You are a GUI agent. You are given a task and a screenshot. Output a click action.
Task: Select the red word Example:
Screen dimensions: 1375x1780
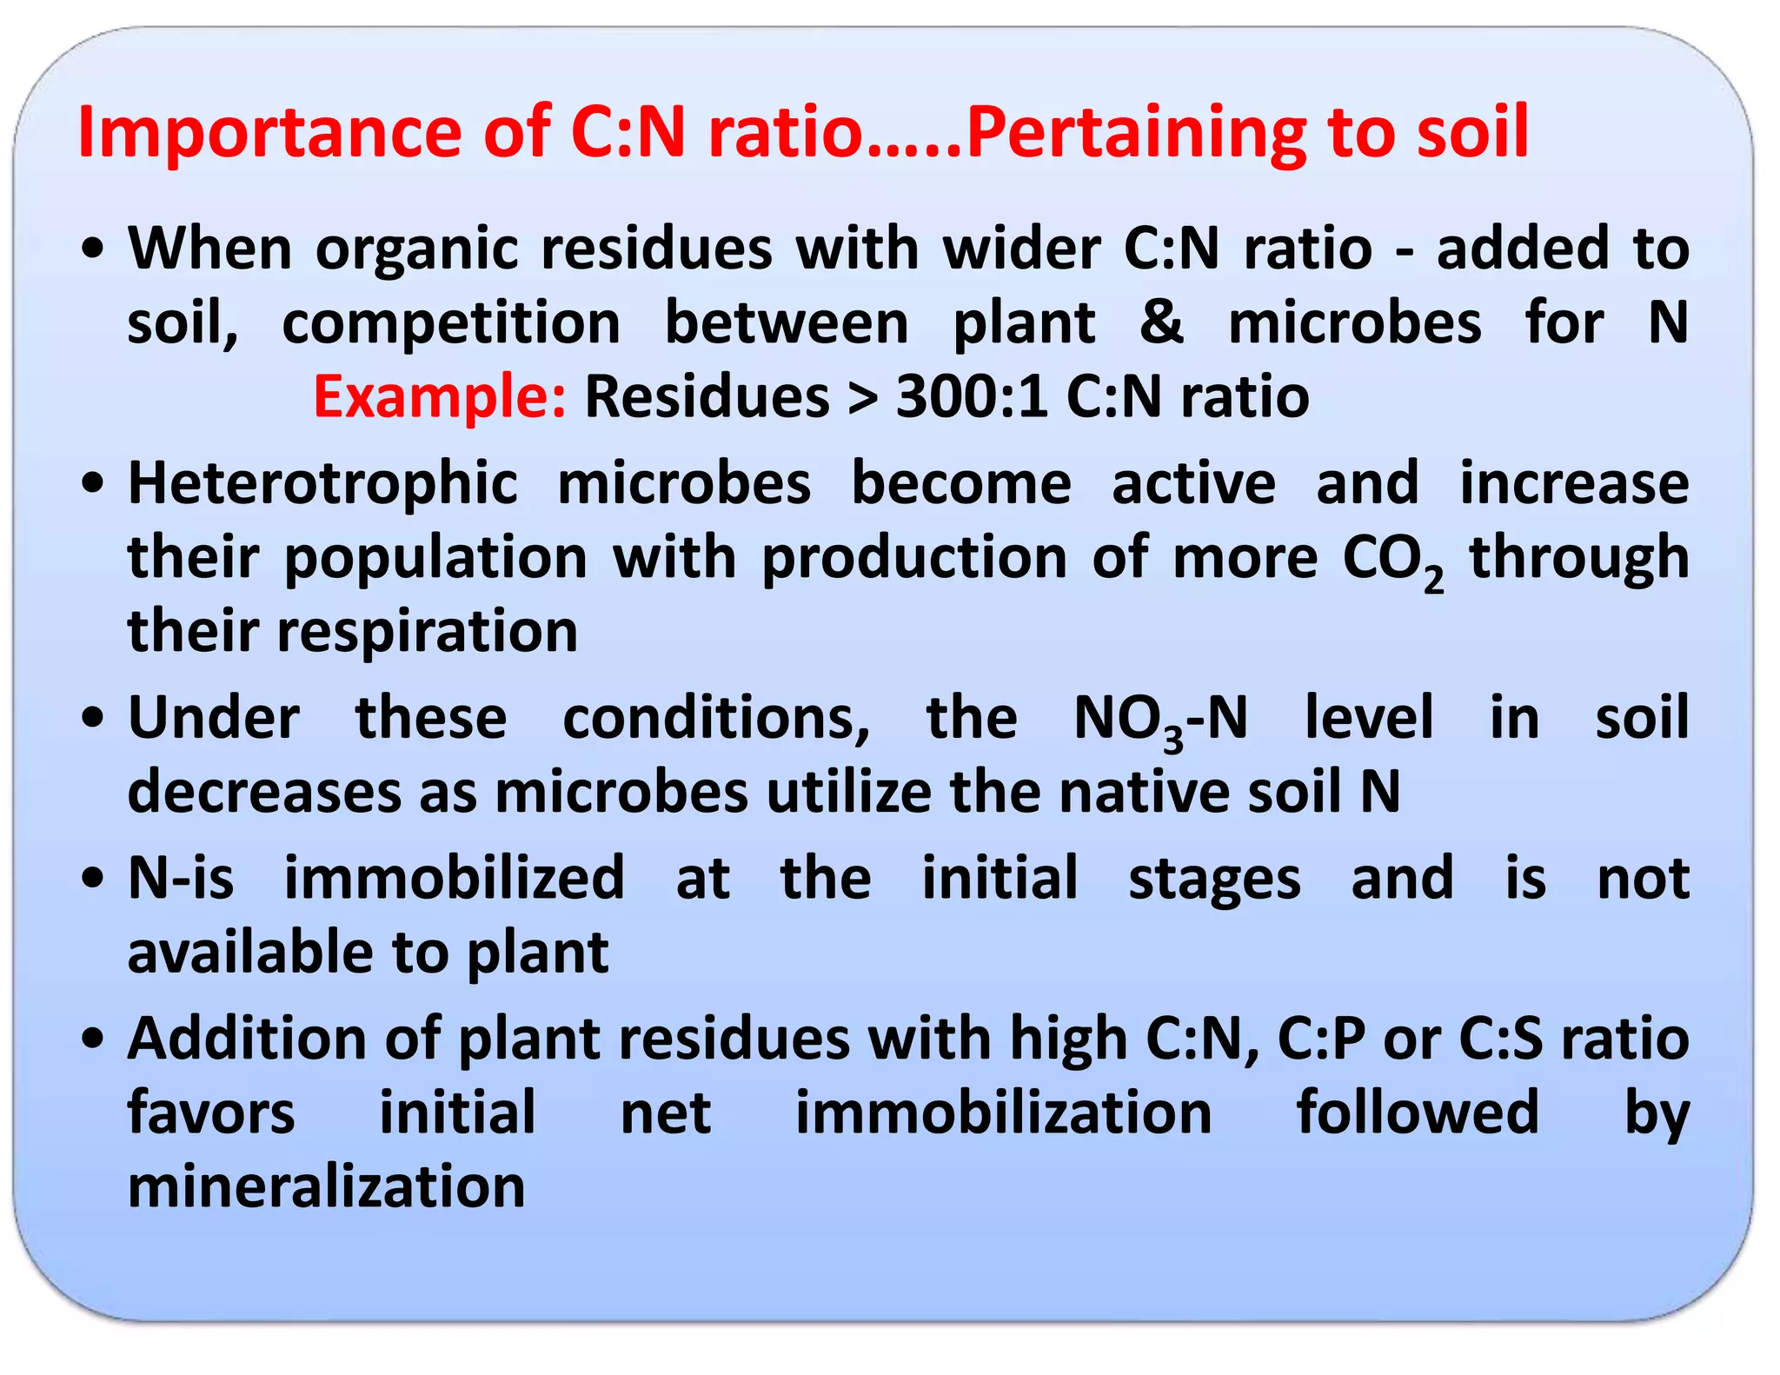439,396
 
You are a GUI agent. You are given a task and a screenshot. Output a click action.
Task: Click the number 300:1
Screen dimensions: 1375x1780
971,396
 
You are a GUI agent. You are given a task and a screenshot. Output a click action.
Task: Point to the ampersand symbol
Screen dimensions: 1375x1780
1162,322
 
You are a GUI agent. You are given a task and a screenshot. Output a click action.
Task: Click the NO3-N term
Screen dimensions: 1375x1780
1160,720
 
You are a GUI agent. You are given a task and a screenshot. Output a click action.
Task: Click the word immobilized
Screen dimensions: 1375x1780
454,878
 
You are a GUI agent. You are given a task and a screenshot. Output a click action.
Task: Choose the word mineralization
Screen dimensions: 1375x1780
326,1186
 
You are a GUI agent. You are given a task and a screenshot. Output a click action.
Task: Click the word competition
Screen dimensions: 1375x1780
451,323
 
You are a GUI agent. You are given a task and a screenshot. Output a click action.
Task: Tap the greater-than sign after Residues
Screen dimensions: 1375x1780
862,398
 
